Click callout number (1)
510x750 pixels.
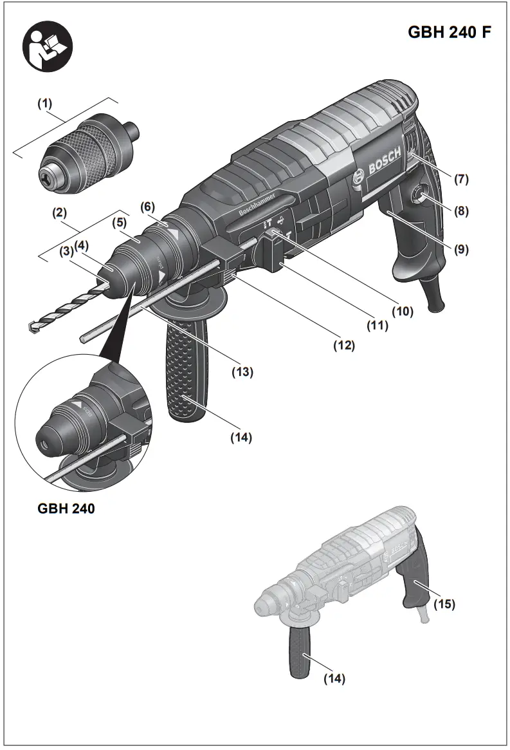pyautogui.click(x=44, y=103)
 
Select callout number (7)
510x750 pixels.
pyautogui.click(x=460, y=179)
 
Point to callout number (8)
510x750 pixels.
pyautogui.click(x=460, y=211)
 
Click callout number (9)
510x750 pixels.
pyautogui.click(x=460, y=248)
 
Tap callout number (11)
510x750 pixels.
pyautogui.click(x=378, y=326)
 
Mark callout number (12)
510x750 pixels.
pyautogui.click(x=344, y=345)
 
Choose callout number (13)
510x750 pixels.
pyautogui.click(x=242, y=371)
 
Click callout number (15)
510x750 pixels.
pyautogui.click(x=444, y=604)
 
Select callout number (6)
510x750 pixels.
pyautogui.click(x=148, y=206)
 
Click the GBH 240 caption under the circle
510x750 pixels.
pyautogui.click(x=66, y=509)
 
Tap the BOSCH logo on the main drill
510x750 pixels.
pyautogui.click(x=383, y=164)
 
